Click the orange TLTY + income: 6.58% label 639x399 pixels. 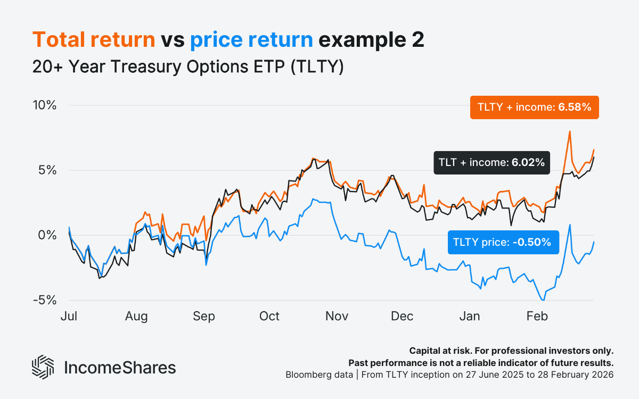tap(535, 107)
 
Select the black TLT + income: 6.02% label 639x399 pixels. tap(491, 163)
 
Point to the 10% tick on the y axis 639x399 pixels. tap(44, 105)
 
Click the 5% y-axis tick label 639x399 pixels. tap(47, 170)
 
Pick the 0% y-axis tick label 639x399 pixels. tap(47, 235)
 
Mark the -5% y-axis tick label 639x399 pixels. tap(45, 300)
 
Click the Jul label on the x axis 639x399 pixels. tap(69, 317)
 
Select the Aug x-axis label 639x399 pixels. tap(136, 317)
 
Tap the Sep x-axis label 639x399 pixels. tap(204, 317)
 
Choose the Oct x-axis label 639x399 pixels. tap(269, 317)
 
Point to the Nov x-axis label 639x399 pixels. tap(337, 317)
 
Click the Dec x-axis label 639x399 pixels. tap(403, 317)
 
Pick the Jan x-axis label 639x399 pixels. tap(470, 317)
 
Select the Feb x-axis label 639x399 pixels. tap(537, 317)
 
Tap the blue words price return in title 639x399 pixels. tap(251, 40)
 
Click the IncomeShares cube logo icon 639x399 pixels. tap(43, 367)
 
